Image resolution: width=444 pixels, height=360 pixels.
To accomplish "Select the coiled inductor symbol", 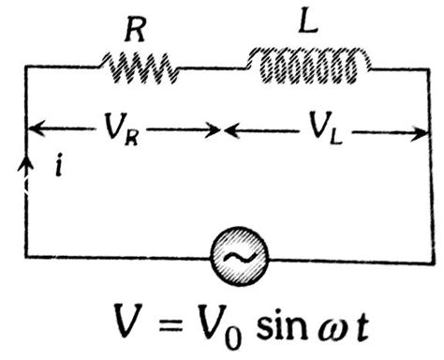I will (308, 66).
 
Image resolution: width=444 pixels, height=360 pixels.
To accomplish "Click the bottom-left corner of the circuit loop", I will (25, 255).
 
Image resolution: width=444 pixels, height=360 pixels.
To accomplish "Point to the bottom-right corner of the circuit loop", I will (430, 255).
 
